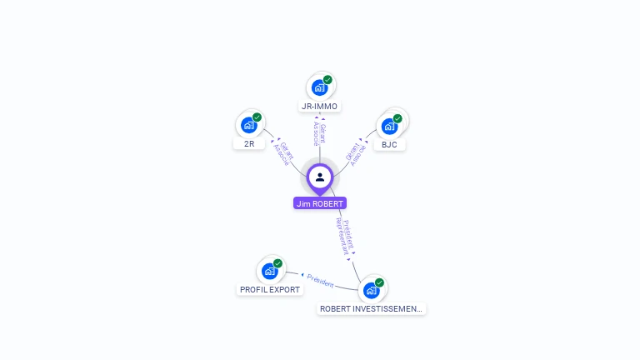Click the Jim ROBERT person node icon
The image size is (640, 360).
tap(320, 177)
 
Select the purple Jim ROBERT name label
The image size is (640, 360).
tap(319, 203)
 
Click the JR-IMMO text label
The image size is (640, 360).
tap(320, 107)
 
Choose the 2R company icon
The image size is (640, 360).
tap(248, 125)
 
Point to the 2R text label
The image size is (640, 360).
tap(249, 144)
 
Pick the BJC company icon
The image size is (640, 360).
tap(388, 127)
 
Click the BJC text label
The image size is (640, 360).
tap(389, 145)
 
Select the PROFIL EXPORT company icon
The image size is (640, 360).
tap(269, 271)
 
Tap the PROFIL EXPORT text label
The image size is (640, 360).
tap(269, 290)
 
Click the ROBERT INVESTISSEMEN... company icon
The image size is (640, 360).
tap(371, 290)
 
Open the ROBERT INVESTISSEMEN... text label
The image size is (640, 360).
tap(372, 309)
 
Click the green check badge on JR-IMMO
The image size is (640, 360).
tap(327, 80)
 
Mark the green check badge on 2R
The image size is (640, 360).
tap(257, 117)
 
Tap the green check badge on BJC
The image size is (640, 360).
tap(397, 118)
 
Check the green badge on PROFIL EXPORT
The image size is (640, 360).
tap(277, 263)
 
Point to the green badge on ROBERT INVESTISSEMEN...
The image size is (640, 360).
tap(379, 282)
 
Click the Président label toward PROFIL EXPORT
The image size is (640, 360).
tap(321, 280)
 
